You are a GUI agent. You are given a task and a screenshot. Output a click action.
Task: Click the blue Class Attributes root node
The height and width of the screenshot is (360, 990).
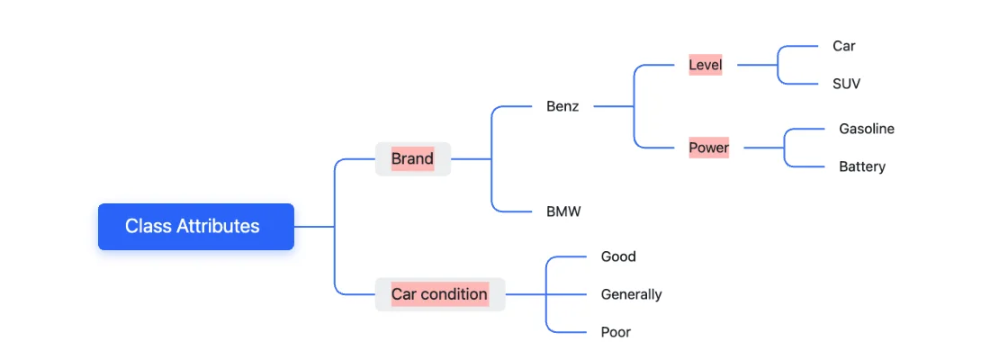click(195, 227)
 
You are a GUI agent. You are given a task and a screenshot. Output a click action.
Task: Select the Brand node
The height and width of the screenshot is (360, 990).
click(412, 159)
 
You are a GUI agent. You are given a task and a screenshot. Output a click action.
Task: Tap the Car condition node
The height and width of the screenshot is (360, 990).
click(439, 294)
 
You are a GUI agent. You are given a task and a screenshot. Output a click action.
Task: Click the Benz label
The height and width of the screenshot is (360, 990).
click(562, 106)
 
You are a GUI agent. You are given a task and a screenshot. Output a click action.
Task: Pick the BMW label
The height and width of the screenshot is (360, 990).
click(563, 212)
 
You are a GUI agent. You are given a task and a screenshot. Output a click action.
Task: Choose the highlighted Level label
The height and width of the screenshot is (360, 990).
click(705, 65)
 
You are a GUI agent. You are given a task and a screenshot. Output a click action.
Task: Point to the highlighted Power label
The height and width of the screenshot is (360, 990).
click(708, 148)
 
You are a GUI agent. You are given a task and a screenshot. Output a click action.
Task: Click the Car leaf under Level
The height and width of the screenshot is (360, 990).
click(843, 46)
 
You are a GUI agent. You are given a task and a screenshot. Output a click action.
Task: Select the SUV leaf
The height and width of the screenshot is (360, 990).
click(846, 84)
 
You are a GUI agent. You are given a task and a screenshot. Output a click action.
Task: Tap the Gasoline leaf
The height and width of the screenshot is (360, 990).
click(866, 129)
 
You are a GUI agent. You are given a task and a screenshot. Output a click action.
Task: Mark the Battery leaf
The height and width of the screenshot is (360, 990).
click(861, 166)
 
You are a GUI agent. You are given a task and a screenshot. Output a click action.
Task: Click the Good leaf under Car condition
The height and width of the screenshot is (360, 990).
click(618, 256)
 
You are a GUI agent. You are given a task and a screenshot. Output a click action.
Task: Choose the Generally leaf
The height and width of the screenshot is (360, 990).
click(631, 294)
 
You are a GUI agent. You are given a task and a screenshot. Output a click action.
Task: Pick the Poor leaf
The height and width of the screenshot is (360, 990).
click(616, 332)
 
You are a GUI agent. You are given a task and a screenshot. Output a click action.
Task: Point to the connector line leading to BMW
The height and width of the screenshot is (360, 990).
click(515, 211)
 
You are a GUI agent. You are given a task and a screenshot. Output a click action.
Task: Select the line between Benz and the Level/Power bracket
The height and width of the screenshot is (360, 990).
click(614, 106)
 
